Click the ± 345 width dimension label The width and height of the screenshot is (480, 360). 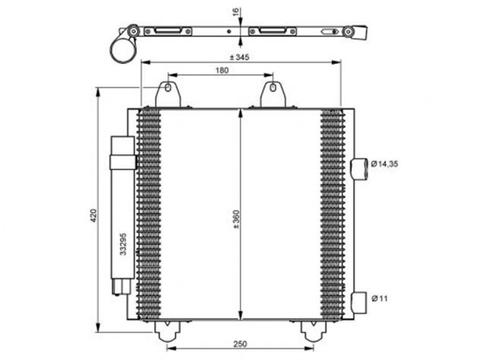click(239, 57)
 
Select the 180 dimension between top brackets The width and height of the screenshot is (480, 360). click(222, 71)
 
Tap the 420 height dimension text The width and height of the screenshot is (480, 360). click(93, 215)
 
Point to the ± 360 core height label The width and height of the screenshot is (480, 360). click(236, 219)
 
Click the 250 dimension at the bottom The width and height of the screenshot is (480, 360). click(240, 344)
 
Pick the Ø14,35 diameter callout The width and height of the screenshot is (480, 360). click(384, 164)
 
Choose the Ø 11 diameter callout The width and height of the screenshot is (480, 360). click(380, 298)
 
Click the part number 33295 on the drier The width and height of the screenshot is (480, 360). click(123, 244)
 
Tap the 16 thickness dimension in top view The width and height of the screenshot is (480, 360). click(235, 11)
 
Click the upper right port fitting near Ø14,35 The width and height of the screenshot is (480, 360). click(359, 169)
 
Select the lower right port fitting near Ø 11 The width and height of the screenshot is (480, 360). click(358, 303)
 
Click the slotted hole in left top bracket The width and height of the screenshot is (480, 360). click(168, 88)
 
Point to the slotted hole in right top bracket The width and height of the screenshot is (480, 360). click(273, 88)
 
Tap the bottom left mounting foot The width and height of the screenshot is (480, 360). click(167, 331)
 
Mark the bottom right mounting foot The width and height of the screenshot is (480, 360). click(314, 331)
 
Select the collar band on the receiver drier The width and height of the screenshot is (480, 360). click(123, 163)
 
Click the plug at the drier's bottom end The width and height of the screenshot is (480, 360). click(122, 286)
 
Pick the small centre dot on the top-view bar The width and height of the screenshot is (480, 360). click(229, 31)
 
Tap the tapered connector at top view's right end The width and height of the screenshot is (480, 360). click(360, 32)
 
